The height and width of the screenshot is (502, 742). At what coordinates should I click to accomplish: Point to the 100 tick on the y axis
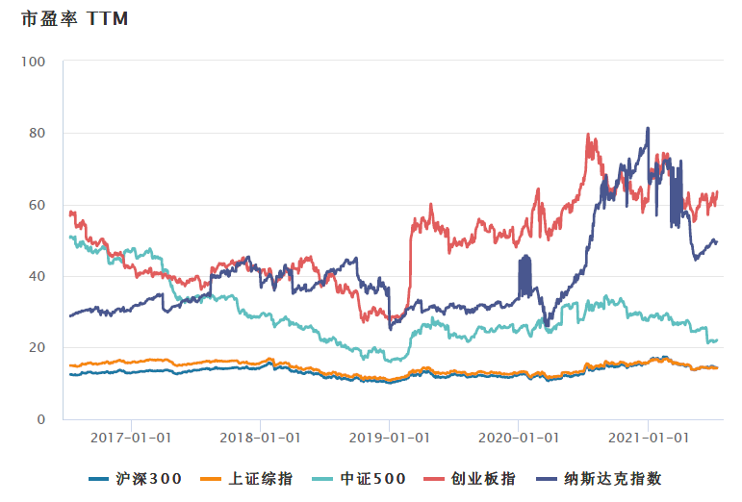(x=34, y=62)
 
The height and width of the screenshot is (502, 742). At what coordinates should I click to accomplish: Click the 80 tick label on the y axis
(x=37, y=133)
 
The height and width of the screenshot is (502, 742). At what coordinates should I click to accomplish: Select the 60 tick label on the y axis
(x=37, y=205)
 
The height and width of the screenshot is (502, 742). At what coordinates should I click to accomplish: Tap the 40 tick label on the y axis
(x=37, y=276)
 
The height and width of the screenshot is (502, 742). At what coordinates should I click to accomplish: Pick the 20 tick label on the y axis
(x=37, y=348)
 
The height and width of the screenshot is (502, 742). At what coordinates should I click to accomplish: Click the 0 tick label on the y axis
(x=40, y=419)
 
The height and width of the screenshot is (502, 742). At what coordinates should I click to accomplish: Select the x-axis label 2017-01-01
(x=132, y=437)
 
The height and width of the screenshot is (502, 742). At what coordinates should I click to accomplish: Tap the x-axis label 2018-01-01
(x=261, y=437)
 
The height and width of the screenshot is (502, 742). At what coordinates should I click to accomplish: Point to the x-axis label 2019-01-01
(x=390, y=437)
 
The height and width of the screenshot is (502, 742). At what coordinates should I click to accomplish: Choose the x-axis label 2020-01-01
(x=519, y=437)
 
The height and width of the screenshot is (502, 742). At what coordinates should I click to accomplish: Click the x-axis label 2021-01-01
(x=648, y=437)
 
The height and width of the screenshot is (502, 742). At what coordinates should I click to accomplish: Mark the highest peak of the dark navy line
(x=648, y=128)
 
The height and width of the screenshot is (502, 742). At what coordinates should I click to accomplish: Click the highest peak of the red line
(x=588, y=135)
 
